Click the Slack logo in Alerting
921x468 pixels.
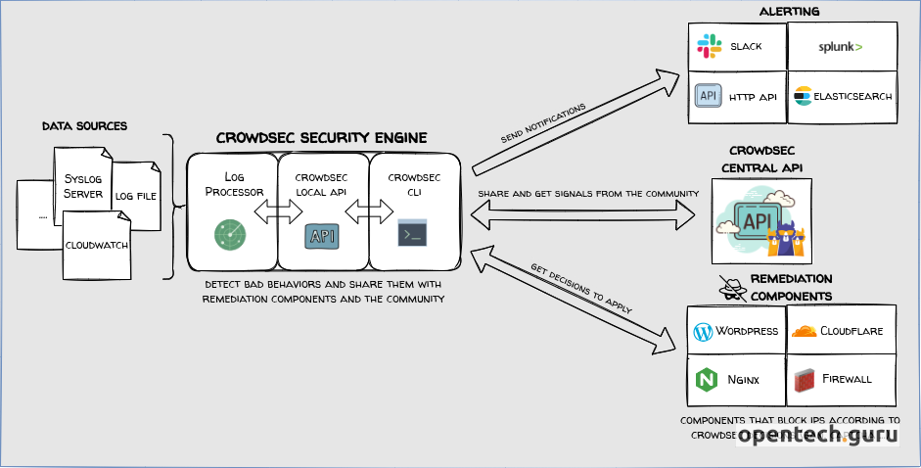[709, 46]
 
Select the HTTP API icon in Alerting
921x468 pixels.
[708, 95]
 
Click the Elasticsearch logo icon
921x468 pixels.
[803, 96]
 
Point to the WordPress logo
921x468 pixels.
[702, 331]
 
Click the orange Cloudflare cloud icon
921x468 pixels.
[804, 331]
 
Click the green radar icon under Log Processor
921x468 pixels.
[231, 234]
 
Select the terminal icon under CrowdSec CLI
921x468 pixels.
[412, 234]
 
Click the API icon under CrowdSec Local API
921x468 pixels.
[322, 235]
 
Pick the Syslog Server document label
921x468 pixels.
[82, 185]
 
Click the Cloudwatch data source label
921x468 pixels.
[97, 245]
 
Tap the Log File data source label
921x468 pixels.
[136, 196]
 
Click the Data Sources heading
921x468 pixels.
[84, 126]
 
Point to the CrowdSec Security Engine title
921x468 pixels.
[321, 137]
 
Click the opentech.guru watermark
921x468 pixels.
[817, 437]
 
